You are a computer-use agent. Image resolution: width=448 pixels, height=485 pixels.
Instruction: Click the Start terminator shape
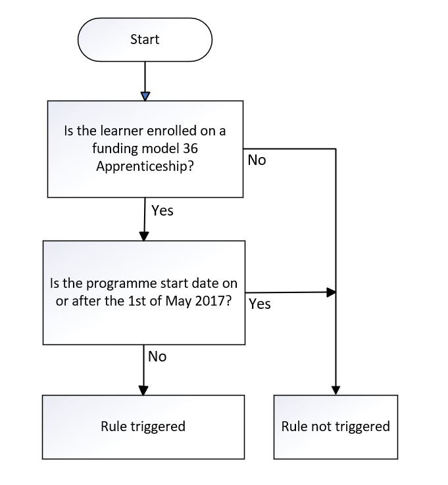tap(145, 39)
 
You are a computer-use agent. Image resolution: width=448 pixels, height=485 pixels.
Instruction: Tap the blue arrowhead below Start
tap(145, 96)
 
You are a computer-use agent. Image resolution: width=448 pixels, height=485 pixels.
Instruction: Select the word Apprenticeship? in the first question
tap(145, 166)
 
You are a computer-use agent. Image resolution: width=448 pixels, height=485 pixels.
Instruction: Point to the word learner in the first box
tap(122, 131)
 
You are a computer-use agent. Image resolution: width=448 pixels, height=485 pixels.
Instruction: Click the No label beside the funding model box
tap(257, 160)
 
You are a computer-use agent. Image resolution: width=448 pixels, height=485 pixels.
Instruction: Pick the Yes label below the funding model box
tap(162, 211)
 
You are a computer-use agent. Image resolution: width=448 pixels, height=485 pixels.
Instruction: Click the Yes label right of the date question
tap(260, 304)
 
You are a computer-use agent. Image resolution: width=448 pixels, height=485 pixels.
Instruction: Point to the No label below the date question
tap(157, 357)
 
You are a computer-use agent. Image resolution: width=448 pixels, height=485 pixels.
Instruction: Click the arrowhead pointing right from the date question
tap(332, 292)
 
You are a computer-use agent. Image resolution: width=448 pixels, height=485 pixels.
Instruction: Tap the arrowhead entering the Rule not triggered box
tap(336, 390)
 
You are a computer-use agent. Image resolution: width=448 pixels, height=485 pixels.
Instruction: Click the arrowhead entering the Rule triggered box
tap(143, 390)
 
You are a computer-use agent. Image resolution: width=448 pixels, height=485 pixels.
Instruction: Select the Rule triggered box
tap(143, 427)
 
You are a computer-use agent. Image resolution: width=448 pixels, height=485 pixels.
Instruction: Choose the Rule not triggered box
tap(336, 427)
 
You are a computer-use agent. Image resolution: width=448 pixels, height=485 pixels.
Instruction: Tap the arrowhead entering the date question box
tap(144, 237)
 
